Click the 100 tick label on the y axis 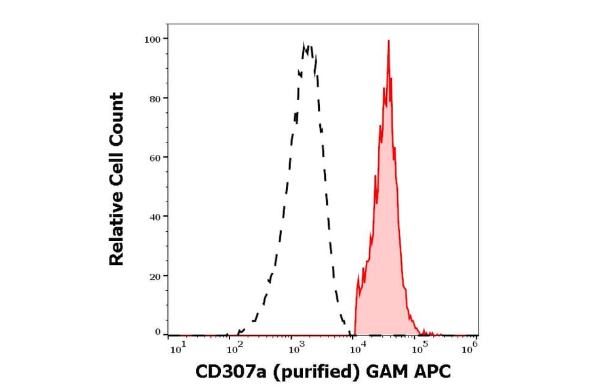pyautogui.click(x=151, y=39)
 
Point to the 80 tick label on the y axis pyautogui.click(x=154, y=98)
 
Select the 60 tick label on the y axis pyautogui.click(x=154, y=158)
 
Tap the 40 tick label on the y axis pyautogui.click(x=154, y=217)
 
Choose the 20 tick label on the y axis pyautogui.click(x=154, y=276)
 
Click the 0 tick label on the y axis pyautogui.click(x=157, y=332)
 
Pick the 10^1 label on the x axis pyautogui.click(x=178, y=349)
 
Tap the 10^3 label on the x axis pyautogui.click(x=296, y=349)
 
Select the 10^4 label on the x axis pyautogui.click(x=357, y=349)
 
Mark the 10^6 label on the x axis pyautogui.click(x=470, y=349)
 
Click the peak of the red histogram pyautogui.click(x=389, y=41)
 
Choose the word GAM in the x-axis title pyautogui.click(x=387, y=372)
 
